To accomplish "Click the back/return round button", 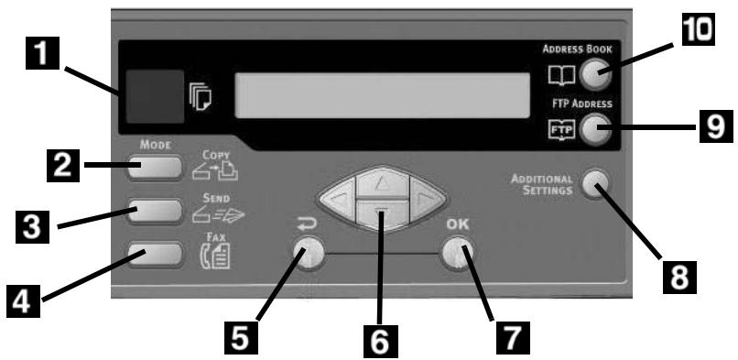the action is (x=304, y=252).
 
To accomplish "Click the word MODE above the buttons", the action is (x=150, y=144).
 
